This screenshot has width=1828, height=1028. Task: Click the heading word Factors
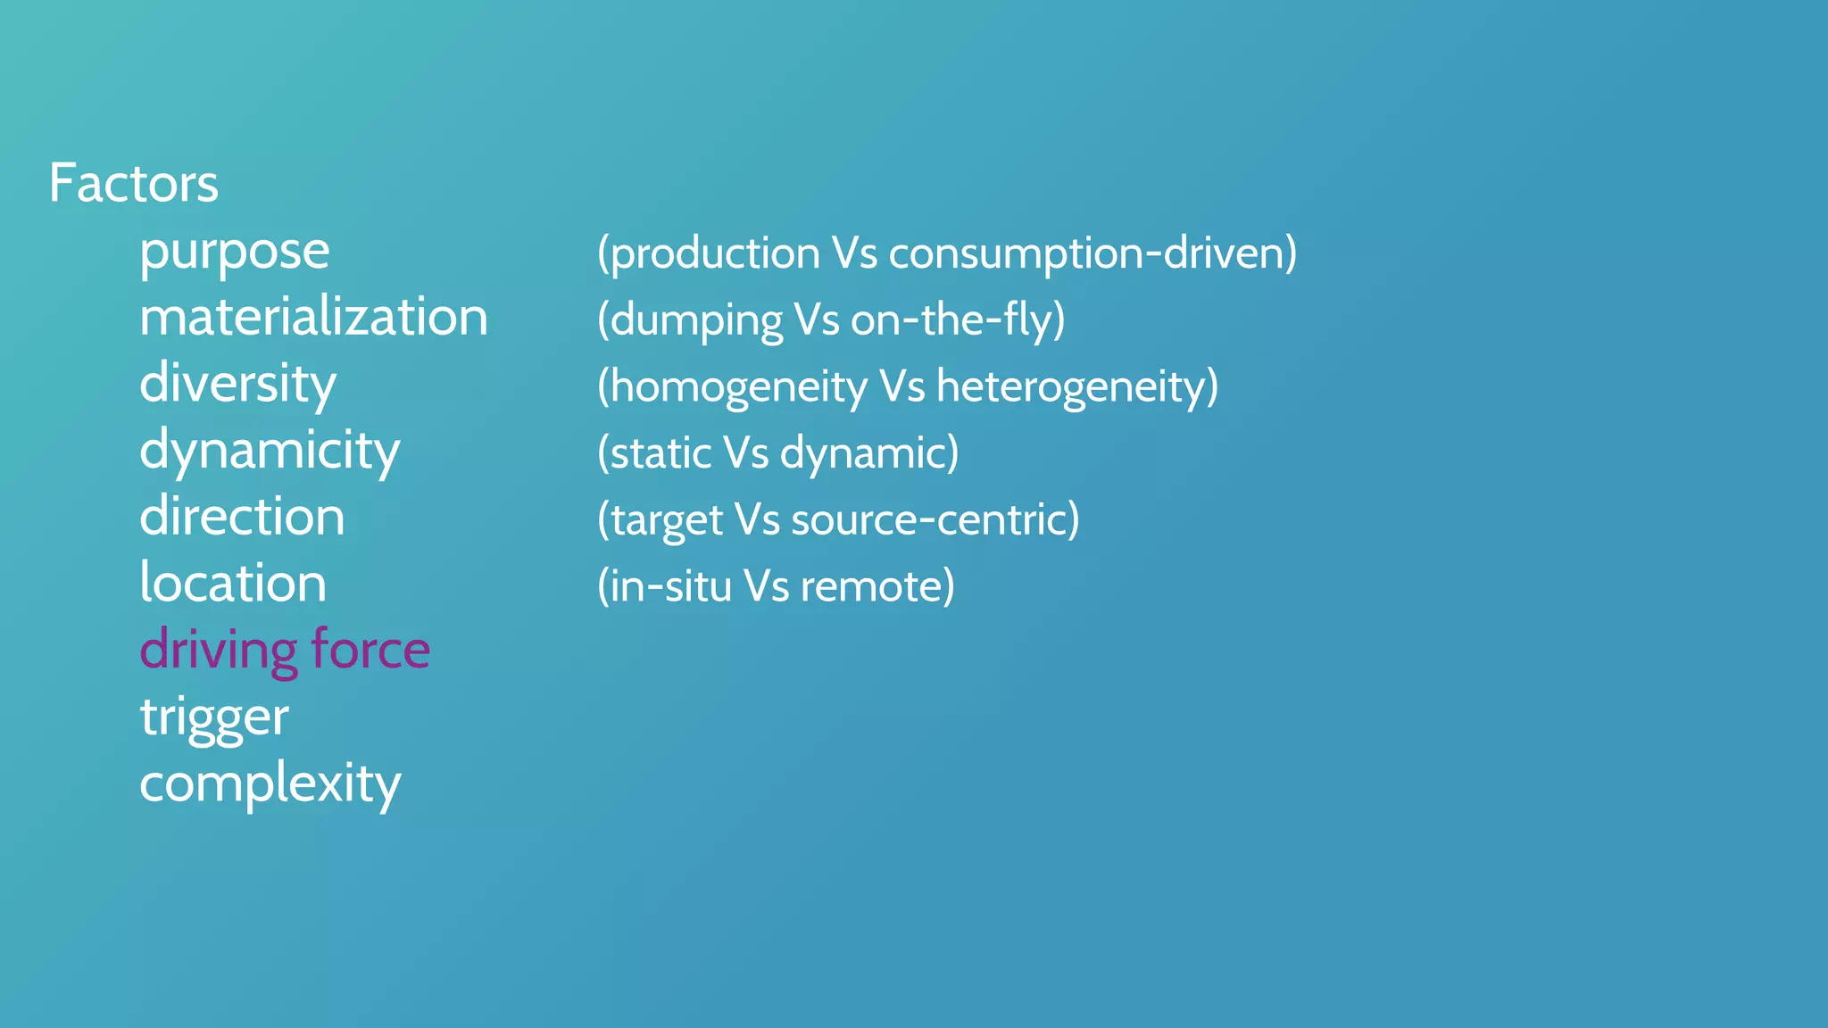[x=134, y=184]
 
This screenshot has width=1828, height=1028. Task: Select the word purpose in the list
[x=235, y=252]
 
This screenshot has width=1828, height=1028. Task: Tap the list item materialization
[x=313, y=318]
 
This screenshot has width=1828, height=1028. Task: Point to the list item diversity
[x=237, y=385]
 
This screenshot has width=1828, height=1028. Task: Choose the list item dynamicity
[x=270, y=452]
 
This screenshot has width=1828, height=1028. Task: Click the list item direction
[x=242, y=517]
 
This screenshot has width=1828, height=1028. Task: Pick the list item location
[x=233, y=584]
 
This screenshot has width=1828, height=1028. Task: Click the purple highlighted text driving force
[x=285, y=650]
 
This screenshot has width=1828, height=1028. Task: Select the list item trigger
[x=214, y=717]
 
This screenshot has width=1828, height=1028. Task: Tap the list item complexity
[x=270, y=784]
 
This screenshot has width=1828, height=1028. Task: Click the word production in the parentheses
[x=715, y=253]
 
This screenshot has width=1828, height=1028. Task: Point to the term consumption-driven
[x=1086, y=253]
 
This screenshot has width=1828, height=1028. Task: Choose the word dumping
[x=696, y=320]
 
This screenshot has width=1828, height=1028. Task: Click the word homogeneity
[x=738, y=387]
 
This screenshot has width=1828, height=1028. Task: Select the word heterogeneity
[x=1070, y=387]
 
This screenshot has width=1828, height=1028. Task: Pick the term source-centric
[x=929, y=520]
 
